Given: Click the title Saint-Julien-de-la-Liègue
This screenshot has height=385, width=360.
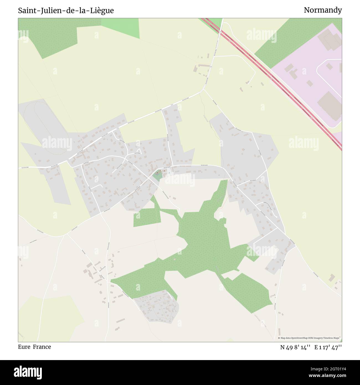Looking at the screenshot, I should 66,11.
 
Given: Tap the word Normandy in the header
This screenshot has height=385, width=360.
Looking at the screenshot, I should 323,10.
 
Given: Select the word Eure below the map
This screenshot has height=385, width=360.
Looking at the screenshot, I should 24,347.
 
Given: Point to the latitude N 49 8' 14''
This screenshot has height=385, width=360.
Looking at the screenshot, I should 295,347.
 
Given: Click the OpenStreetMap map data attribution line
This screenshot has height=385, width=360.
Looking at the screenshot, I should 310,338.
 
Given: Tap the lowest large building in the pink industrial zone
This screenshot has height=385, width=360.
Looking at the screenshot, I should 330,105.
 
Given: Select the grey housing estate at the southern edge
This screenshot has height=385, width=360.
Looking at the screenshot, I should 156,306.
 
